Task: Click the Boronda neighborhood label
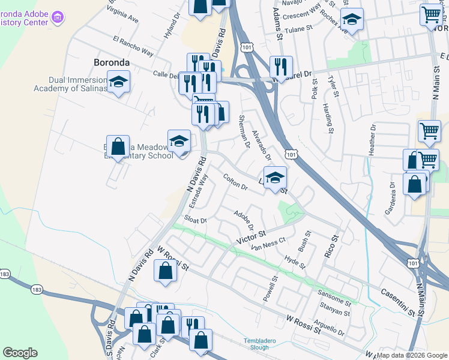point(112,62)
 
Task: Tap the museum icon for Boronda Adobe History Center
point(58,17)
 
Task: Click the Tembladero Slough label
point(260,344)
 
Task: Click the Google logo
point(20,353)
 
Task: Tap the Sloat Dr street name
point(196,220)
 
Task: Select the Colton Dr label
point(235,182)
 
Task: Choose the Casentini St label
point(398,302)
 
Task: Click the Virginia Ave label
point(122,14)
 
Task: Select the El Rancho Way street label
point(133,46)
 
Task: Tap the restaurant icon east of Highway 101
point(281,66)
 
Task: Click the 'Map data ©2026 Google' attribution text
point(412,355)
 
